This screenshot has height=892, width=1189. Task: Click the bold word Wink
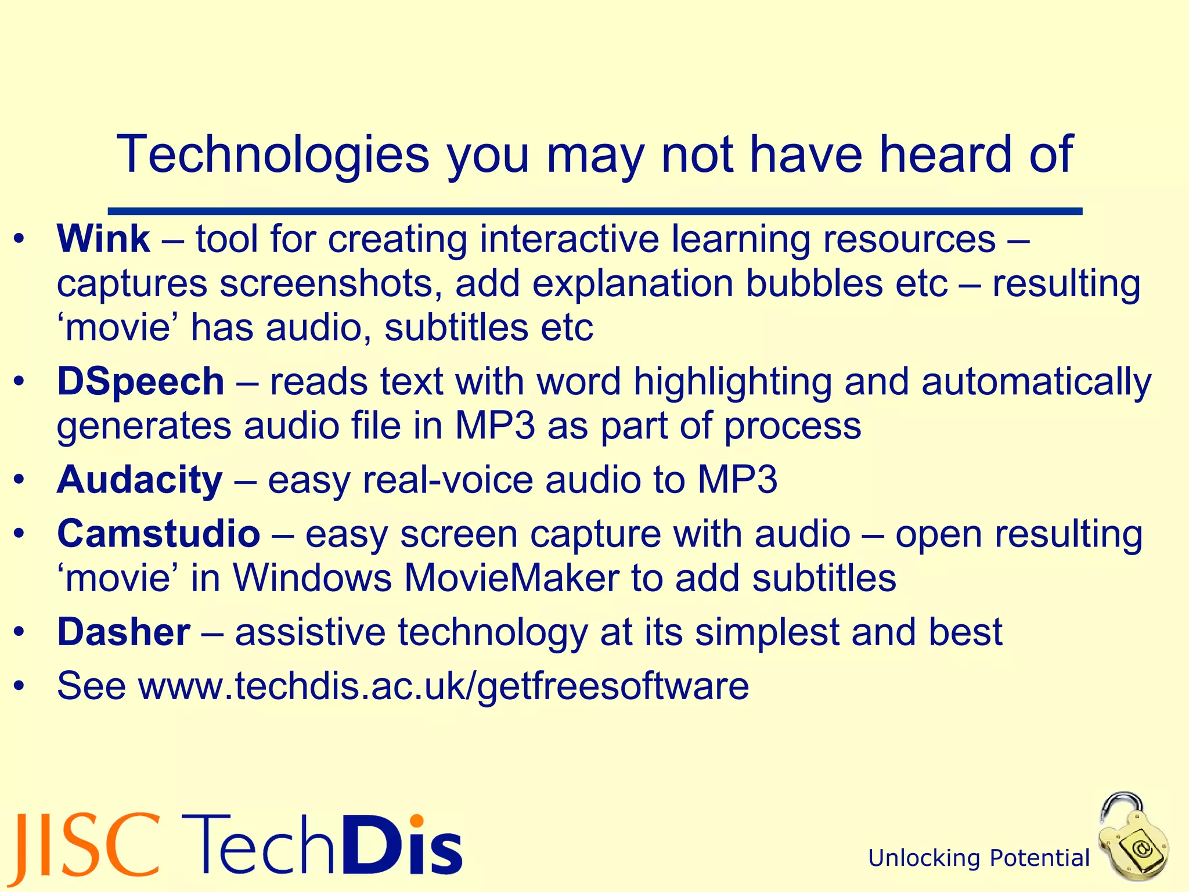(x=103, y=239)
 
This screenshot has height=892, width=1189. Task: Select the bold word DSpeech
(x=140, y=382)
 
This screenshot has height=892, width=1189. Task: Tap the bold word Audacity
(x=139, y=480)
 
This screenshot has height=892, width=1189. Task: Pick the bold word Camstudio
(x=158, y=534)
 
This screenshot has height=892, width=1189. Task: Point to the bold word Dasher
(x=124, y=632)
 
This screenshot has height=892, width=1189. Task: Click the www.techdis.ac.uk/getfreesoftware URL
(x=444, y=686)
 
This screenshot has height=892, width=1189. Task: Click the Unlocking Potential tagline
(x=979, y=858)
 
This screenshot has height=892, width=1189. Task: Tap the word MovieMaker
(x=511, y=578)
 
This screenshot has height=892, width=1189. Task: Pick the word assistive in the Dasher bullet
(x=310, y=632)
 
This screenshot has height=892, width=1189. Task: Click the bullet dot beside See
(x=20, y=687)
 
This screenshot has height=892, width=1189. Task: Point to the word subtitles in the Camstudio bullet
(x=824, y=578)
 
